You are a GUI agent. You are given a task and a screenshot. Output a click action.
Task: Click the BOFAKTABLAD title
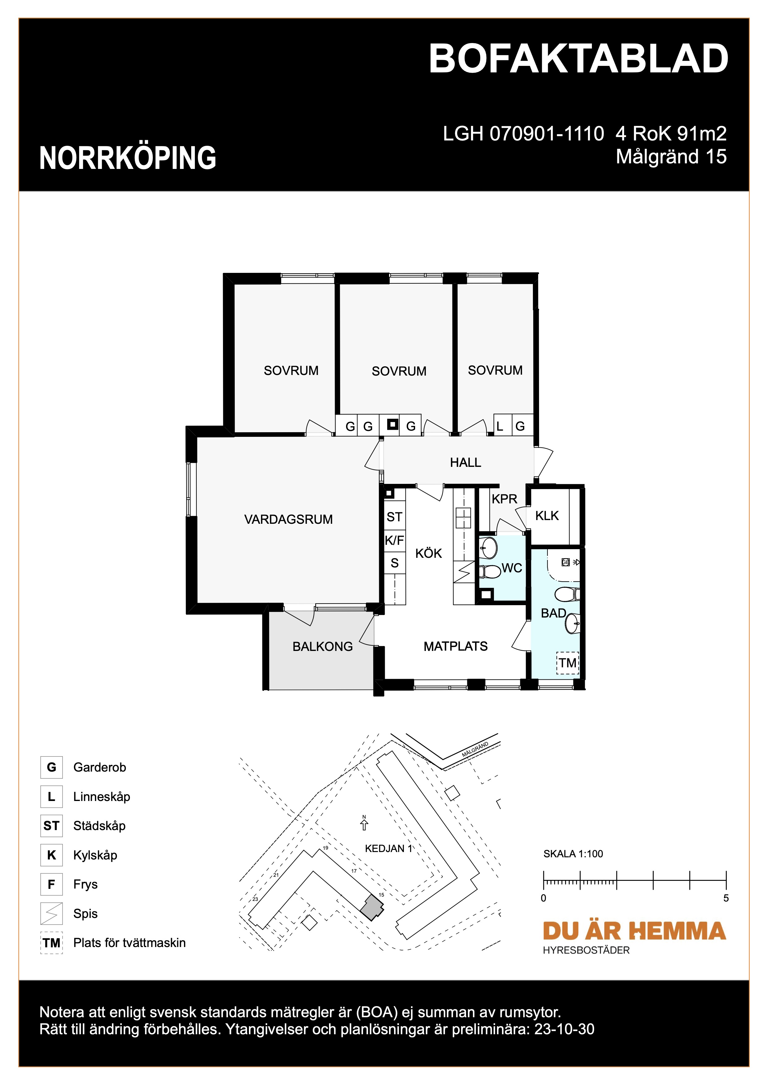(x=579, y=59)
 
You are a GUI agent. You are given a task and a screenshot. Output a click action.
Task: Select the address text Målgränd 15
(x=671, y=157)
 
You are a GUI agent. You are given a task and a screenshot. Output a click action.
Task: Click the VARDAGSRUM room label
(x=288, y=519)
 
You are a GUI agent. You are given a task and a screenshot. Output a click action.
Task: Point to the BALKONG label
(x=323, y=647)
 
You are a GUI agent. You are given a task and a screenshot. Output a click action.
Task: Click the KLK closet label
(x=547, y=515)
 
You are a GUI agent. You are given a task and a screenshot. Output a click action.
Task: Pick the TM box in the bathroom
(x=568, y=663)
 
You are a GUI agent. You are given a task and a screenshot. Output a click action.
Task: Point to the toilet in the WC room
(x=490, y=572)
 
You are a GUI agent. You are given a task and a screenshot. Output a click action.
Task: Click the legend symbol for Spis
(x=51, y=914)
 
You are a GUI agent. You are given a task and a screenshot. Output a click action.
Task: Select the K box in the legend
(x=51, y=855)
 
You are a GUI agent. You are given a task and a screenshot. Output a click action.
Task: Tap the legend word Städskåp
(x=99, y=825)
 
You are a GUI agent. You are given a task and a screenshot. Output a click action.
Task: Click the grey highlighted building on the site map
(x=372, y=908)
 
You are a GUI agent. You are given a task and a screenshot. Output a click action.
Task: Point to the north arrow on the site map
(x=364, y=825)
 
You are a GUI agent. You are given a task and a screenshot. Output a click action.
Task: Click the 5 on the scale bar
(x=726, y=898)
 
